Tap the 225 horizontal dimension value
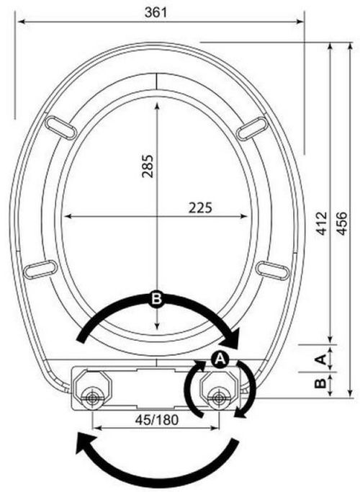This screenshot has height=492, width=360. pos(199,207)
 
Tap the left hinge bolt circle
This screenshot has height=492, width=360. pos(91,398)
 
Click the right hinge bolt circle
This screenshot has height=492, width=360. pos(218,398)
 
